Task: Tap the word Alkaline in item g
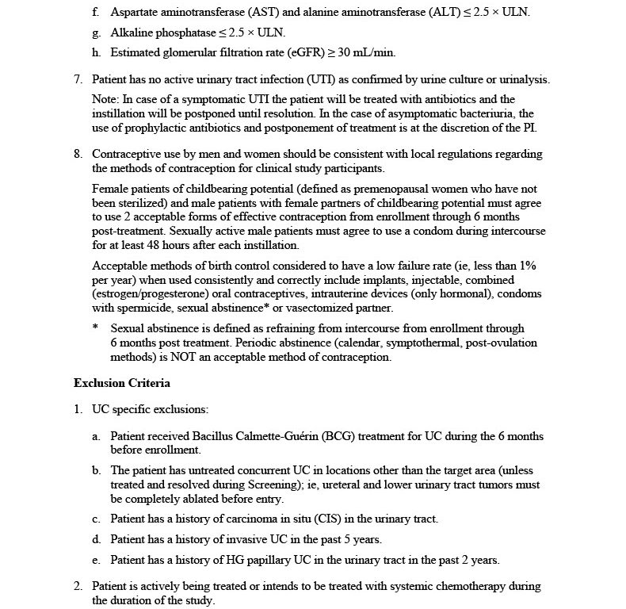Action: tap(132, 33)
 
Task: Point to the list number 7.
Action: tap(78, 79)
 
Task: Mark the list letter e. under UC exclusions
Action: tap(95, 560)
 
